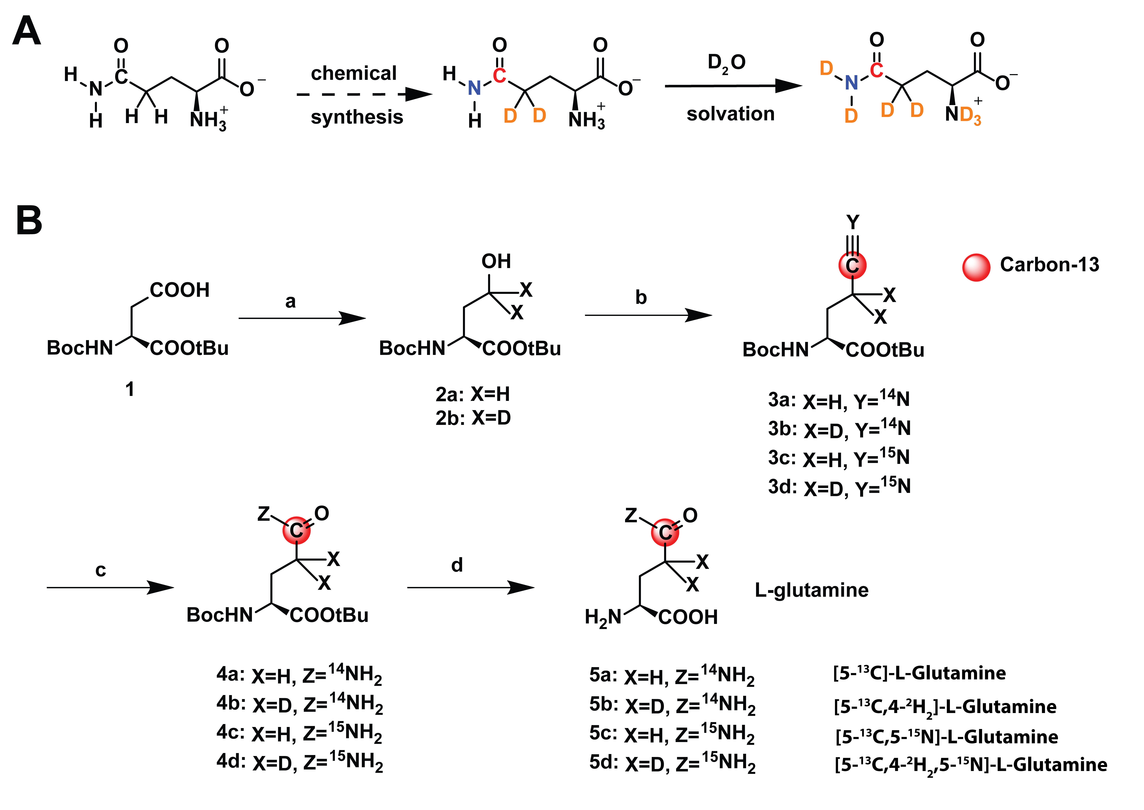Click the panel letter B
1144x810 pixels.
[29, 220]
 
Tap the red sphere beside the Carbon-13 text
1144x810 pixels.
[976, 268]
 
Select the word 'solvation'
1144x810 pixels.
[730, 114]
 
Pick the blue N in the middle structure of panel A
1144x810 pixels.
[474, 88]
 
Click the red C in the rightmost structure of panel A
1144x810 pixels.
[876, 70]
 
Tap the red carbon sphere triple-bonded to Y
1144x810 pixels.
[852, 265]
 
